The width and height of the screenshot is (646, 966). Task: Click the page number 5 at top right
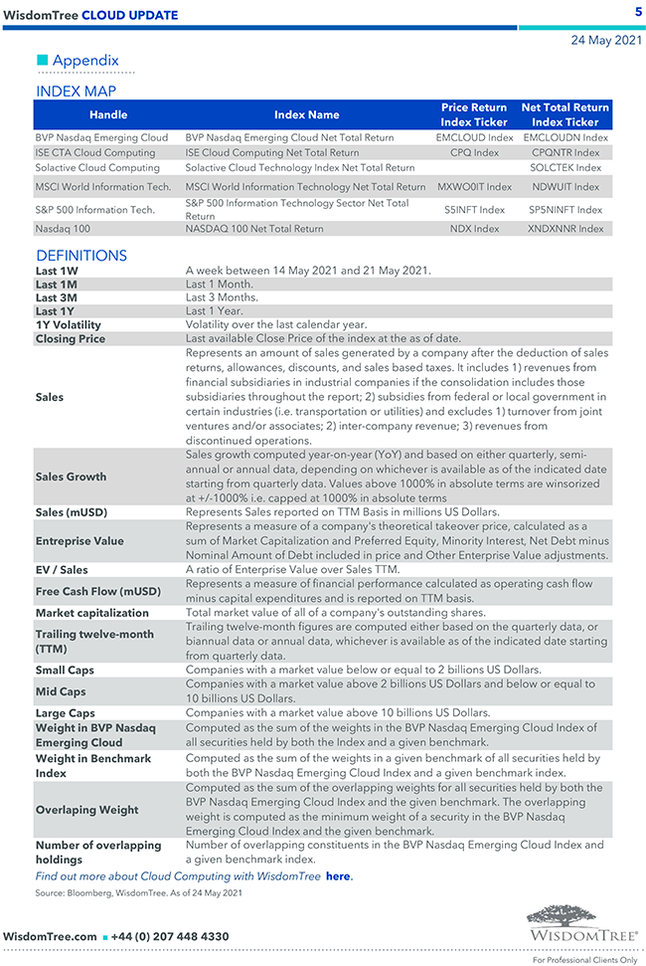[x=637, y=12]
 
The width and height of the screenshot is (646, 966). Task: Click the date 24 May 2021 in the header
[x=605, y=41]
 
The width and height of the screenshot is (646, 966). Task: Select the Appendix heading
[x=85, y=61]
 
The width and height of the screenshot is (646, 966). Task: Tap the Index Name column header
[x=306, y=114]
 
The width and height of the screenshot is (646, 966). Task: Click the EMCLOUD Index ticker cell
[x=474, y=137]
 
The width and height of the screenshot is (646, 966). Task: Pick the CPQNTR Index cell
[x=565, y=153]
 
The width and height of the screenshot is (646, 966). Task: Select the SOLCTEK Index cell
[x=565, y=168]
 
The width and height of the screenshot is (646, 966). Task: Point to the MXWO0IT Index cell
[x=474, y=186]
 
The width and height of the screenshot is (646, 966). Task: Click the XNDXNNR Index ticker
[x=565, y=229]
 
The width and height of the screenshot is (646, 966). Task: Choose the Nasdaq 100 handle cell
[x=65, y=229]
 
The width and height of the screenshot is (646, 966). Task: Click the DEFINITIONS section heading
[x=81, y=256]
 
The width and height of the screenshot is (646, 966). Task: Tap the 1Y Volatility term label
[x=69, y=325]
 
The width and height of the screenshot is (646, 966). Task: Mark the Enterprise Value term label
[x=80, y=541]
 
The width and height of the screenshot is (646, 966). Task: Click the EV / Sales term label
[x=62, y=570]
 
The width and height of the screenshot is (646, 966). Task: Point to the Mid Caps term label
[x=61, y=691]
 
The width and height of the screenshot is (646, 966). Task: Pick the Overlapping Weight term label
[x=86, y=810]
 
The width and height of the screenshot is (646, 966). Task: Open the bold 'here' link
[x=338, y=876]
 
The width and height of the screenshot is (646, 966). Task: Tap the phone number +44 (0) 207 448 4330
[x=170, y=936]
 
